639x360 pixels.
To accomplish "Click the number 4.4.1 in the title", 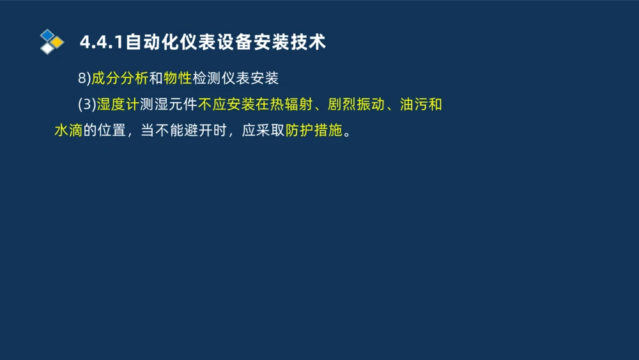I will click(102, 42).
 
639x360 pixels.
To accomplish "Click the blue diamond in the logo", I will click(48, 35).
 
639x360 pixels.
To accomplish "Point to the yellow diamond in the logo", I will click(58, 42).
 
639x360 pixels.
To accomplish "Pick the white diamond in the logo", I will click(48, 49).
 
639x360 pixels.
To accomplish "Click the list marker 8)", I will click(84, 78).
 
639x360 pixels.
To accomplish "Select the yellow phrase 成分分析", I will click(120, 78).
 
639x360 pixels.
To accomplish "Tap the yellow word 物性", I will click(177, 78).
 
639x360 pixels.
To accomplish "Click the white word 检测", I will click(206, 78).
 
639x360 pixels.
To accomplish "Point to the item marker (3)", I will click(87, 104).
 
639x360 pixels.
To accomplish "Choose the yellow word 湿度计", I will click(118, 104).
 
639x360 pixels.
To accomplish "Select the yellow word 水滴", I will click(68, 130).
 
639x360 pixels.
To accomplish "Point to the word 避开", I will click(202, 130).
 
